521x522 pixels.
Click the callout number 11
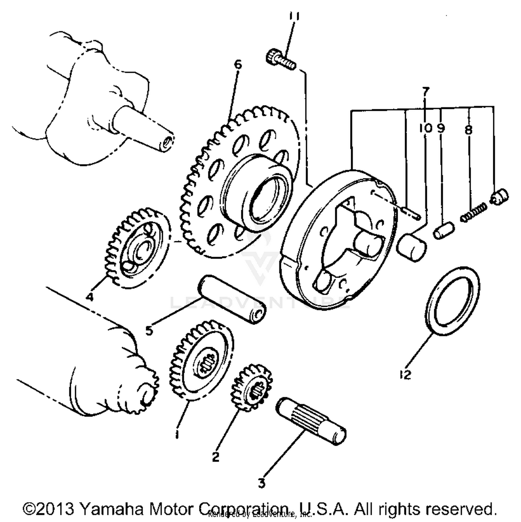pos(294,16)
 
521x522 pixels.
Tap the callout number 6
pos(238,65)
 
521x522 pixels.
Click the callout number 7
pos(426,91)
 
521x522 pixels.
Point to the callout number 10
pos(425,128)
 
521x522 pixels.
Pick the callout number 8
pos(468,130)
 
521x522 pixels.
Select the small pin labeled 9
pos(444,230)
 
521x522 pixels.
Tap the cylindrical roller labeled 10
pos(412,247)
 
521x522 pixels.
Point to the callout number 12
pos(405,375)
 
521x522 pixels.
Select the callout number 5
pos(149,330)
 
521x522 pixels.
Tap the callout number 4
pos(90,297)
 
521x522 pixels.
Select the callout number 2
pos(215,457)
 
